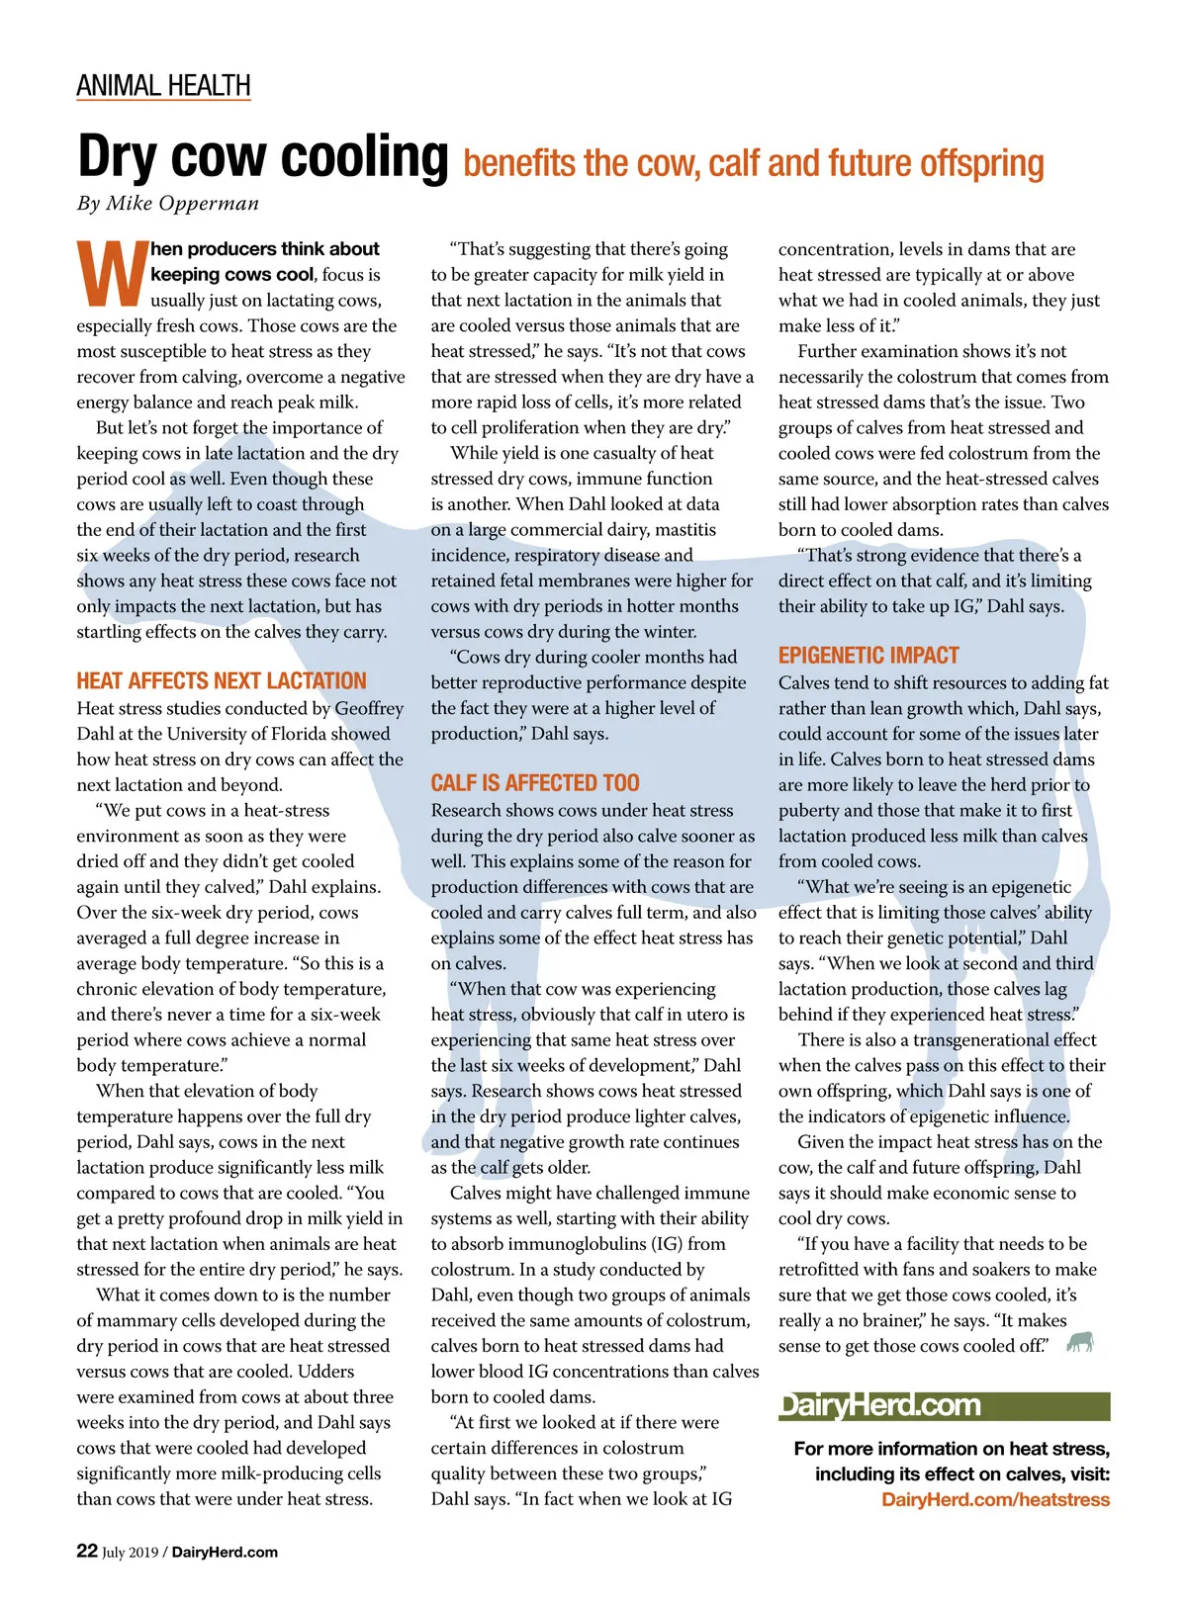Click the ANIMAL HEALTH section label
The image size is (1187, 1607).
(x=163, y=86)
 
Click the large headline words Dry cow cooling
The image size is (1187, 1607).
(x=262, y=157)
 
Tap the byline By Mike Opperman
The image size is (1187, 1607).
(x=168, y=204)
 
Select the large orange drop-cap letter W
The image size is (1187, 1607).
(x=111, y=274)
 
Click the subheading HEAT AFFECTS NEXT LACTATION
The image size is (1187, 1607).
(x=222, y=681)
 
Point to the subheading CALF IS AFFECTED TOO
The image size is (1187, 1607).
(x=534, y=783)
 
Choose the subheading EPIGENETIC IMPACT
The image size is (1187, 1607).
(x=868, y=656)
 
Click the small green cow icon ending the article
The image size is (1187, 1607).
(x=1080, y=1342)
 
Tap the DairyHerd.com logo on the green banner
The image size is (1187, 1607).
(x=880, y=1405)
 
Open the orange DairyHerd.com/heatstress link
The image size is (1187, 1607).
(x=995, y=1500)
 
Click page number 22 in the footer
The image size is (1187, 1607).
(x=87, y=1551)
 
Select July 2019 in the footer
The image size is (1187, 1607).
(x=130, y=1553)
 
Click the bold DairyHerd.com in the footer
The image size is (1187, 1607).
(x=225, y=1553)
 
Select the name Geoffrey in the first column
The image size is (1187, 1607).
(x=369, y=708)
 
